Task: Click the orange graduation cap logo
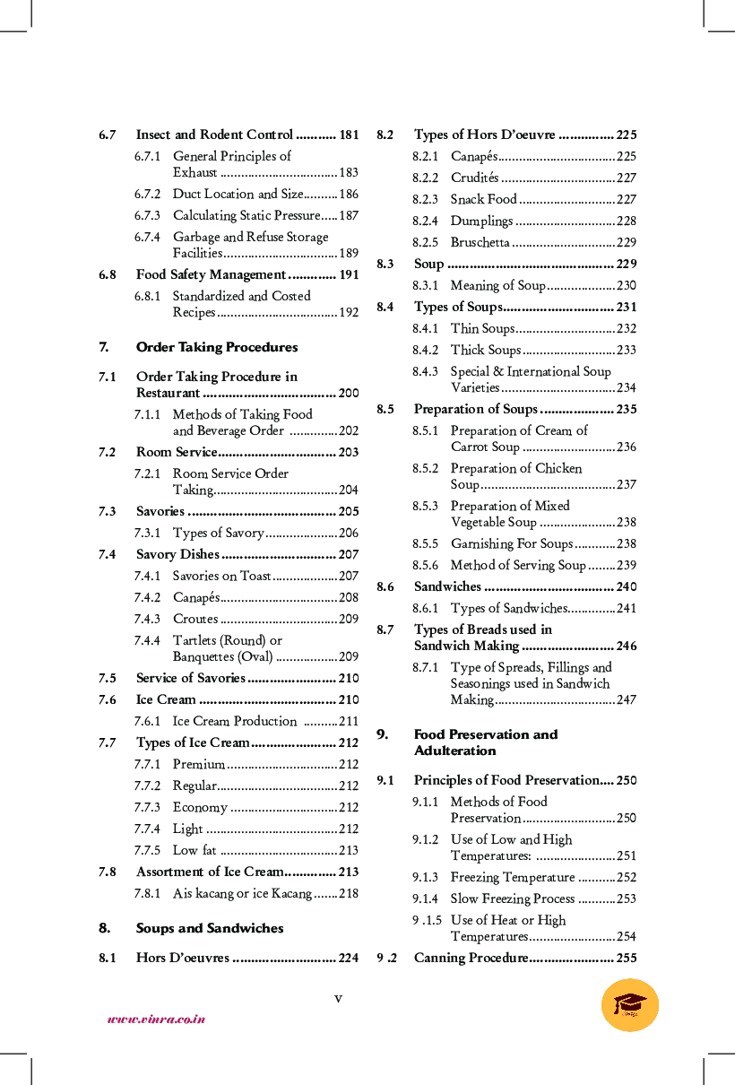pyautogui.click(x=630, y=1004)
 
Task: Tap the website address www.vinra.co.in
pyautogui.click(x=156, y=1019)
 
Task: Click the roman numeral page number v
pyautogui.click(x=338, y=998)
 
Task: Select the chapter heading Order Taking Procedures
pyautogui.click(x=217, y=347)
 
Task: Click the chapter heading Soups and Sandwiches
pyautogui.click(x=210, y=928)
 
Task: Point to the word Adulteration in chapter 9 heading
pyautogui.click(x=454, y=751)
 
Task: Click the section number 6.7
pyautogui.click(x=108, y=135)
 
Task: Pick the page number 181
pyautogui.click(x=349, y=135)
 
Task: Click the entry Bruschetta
pyautogui.click(x=480, y=242)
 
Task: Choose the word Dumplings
pyautogui.click(x=481, y=221)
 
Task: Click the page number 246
pyautogui.click(x=627, y=646)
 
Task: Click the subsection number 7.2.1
pyautogui.click(x=147, y=473)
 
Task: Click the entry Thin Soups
pyautogui.click(x=482, y=328)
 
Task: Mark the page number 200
pyautogui.click(x=349, y=393)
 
